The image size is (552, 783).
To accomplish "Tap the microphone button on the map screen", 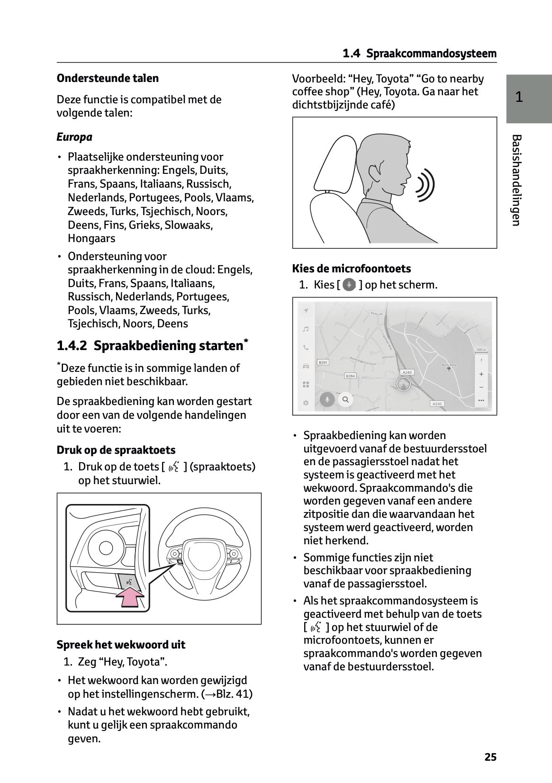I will pos(326,400).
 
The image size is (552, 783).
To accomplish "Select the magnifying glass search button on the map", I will pos(346,400).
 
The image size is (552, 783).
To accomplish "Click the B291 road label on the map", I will pos(323,362).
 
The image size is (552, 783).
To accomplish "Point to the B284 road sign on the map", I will pos(350,376).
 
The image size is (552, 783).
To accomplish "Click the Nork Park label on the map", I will pos(448,365).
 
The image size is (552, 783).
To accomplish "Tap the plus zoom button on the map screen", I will pos(481,374).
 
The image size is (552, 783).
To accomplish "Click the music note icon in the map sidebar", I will pos(306,329).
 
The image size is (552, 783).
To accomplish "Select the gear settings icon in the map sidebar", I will pos(306,403).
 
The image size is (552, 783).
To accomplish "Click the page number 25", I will pos(490,757).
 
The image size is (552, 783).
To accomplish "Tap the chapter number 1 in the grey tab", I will pos(519,98).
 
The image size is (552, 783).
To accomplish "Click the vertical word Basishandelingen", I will pos(516,180).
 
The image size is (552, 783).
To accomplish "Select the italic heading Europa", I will pos(74,137).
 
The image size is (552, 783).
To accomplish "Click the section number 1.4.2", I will pos(72,346).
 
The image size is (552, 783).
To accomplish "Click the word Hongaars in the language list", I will pos(91,239).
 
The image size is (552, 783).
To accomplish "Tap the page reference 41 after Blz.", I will pos(242,694).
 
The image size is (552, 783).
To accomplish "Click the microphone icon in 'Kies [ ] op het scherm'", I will pos(349,285).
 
